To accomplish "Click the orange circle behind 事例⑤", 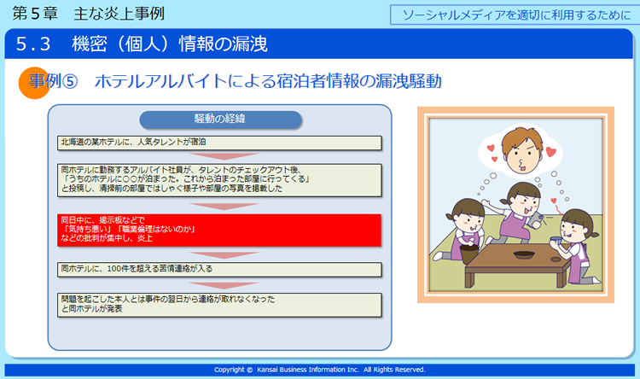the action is [x=34, y=83].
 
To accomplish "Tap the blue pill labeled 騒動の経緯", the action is [x=220, y=120].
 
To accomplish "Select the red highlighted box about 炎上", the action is [x=219, y=230].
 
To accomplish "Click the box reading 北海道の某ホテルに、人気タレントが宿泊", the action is [x=219, y=143].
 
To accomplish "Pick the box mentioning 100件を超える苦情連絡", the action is [x=219, y=270].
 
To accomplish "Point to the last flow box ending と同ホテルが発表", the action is [x=219, y=305].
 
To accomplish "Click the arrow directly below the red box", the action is [x=224, y=255].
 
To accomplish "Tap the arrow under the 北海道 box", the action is [x=224, y=156].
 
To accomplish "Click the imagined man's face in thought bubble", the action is [x=522, y=150].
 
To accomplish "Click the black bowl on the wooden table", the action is [x=524, y=255].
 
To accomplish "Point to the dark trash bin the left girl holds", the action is [x=469, y=254].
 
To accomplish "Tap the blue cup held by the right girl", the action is [x=556, y=240].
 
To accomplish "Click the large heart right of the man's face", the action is [x=551, y=152].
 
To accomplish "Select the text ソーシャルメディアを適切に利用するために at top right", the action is [x=517, y=15].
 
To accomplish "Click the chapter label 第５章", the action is [x=35, y=14].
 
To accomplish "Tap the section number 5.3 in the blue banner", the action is [x=33, y=44].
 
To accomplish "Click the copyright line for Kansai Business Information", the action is [x=320, y=370].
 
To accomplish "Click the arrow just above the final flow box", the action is [x=224, y=285].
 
